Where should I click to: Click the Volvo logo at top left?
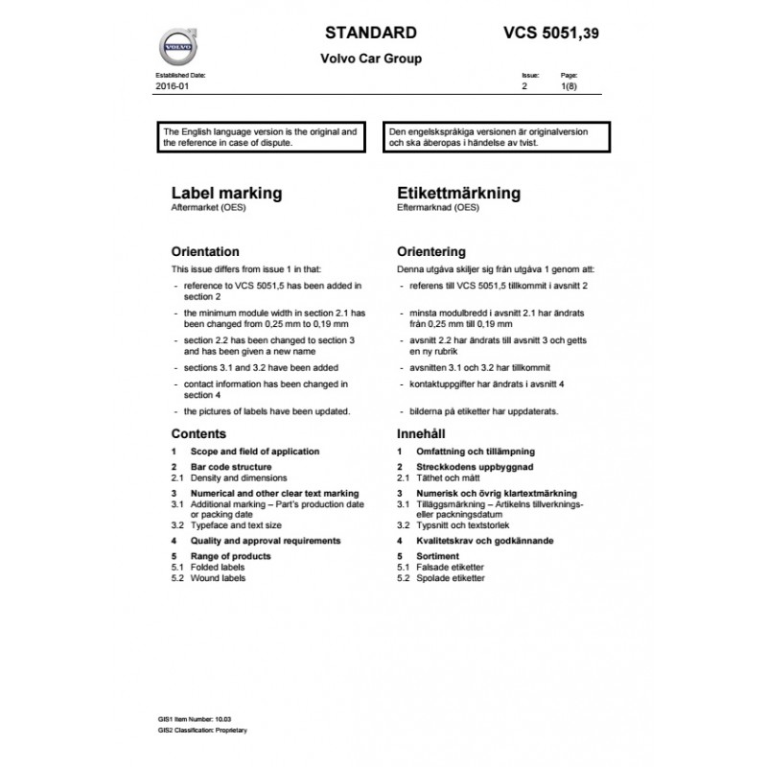[x=176, y=46]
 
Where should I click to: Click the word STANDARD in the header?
[x=370, y=33]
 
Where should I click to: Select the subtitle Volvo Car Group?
[x=370, y=58]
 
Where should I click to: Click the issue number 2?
[x=523, y=86]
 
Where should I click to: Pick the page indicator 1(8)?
[x=569, y=86]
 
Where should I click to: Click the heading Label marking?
[x=226, y=193]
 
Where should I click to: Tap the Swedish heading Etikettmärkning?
[x=458, y=193]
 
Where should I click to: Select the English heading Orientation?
[x=204, y=252]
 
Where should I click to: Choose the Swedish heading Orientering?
[x=430, y=252]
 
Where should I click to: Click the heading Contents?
[x=198, y=433]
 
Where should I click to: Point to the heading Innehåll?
[x=423, y=433]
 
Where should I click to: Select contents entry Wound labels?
[x=218, y=578]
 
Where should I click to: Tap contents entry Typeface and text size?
[x=236, y=525]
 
